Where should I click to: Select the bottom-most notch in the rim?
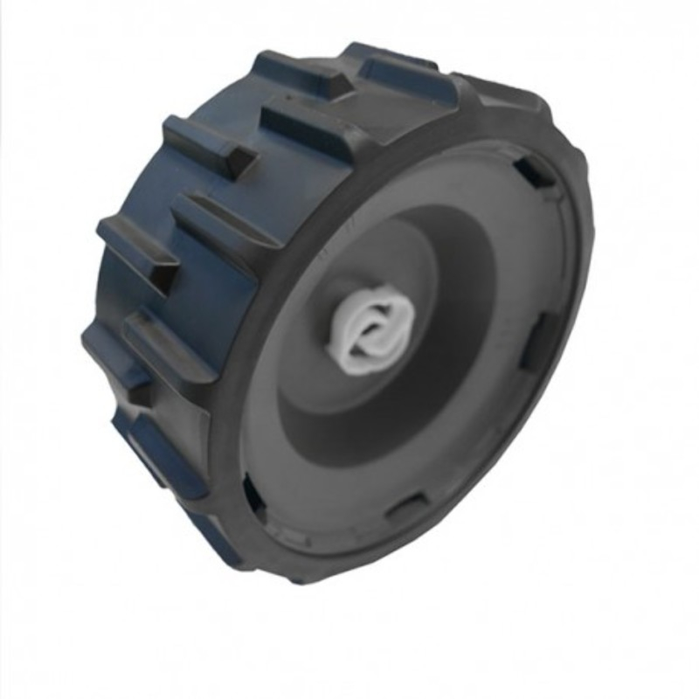click(x=406, y=507)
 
